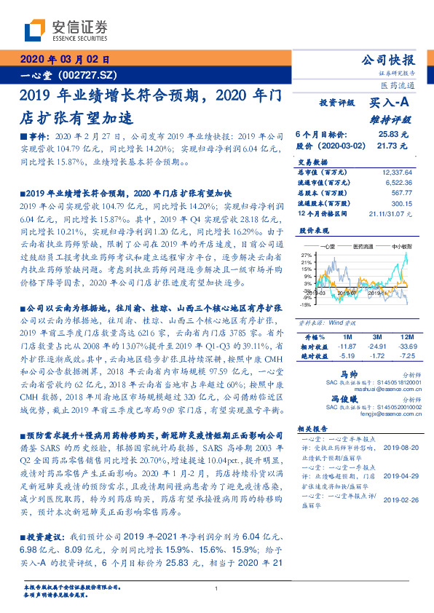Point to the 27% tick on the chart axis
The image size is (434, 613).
pyautogui.click(x=307, y=256)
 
